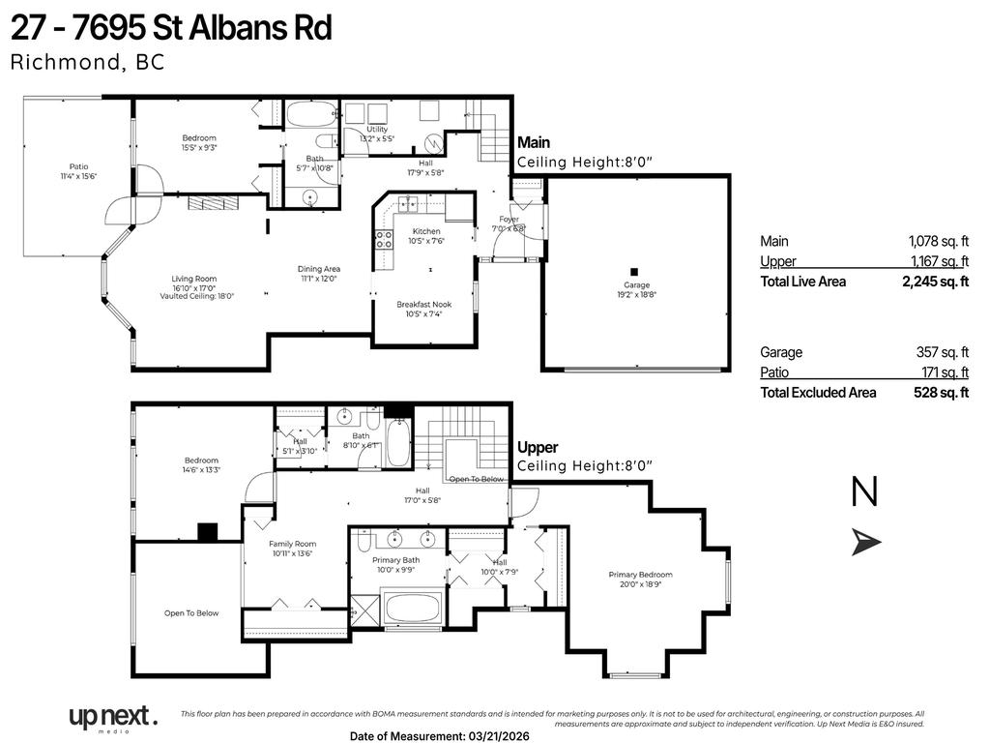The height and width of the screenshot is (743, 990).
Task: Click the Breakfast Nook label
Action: click(423, 304)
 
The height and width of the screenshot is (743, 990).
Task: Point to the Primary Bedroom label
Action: click(640, 575)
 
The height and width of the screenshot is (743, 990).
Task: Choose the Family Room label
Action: click(292, 544)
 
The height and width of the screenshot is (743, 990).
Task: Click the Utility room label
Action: click(376, 129)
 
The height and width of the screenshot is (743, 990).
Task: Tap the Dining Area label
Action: click(318, 269)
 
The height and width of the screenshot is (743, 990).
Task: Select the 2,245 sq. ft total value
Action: click(935, 282)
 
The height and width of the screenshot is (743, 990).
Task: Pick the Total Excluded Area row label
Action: click(818, 393)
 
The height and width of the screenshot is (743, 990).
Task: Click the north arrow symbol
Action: click(866, 543)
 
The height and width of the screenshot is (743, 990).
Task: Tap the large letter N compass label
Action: click(864, 493)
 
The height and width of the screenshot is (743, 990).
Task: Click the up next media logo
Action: click(112, 718)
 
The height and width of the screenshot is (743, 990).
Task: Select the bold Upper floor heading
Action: click(538, 448)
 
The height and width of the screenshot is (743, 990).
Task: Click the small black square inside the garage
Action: click(634, 272)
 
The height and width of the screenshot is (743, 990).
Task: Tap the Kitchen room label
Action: click(426, 231)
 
